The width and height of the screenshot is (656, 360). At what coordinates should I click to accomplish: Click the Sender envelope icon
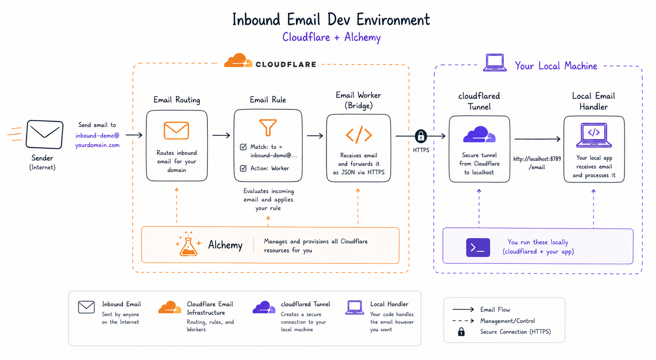pyautogui.click(x=45, y=134)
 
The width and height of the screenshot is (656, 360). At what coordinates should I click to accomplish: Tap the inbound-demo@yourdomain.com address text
pyautogui.click(x=97, y=140)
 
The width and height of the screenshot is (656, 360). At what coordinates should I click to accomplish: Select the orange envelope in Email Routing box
pyautogui.click(x=176, y=131)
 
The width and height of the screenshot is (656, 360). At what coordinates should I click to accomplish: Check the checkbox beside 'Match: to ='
pyautogui.click(x=243, y=147)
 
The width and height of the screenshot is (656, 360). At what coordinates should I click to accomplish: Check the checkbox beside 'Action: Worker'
pyautogui.click(x=243, y=168)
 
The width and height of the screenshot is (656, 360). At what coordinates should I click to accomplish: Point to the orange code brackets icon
pyautogui.click(x=359, y=135)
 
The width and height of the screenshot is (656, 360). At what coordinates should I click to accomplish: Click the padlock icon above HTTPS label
pyautogui.click(x=421, y=136)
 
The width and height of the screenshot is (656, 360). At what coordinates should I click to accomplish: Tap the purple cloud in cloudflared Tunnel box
pyautogui.click(x=479, y=134)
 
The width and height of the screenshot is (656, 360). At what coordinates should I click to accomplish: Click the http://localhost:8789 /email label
pyautogui.click(x=537, y=163)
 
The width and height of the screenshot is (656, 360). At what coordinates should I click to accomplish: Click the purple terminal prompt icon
pyautogui.click(x=478, y=248)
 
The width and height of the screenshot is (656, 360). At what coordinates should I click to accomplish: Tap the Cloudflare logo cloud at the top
pyautogui.click(x=238, y=61)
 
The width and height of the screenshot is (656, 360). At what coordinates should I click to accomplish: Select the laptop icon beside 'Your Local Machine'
pyautogui.click(x=495, y=63)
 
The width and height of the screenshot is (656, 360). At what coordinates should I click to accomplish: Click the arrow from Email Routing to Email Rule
pyautogui.click(x=221, y=135)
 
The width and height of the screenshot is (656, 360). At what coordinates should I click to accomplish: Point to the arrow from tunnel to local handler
pyautogui.click(x=537, y=139)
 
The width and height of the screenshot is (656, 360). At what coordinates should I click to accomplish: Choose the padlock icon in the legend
pyautogui.click(x=461, y=332)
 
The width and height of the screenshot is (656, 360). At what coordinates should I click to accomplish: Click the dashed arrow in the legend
pyautogui.click(x=463, y=321)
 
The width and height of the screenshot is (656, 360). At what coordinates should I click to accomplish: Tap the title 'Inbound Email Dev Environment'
pyautogui.click(x=331, y=20)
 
